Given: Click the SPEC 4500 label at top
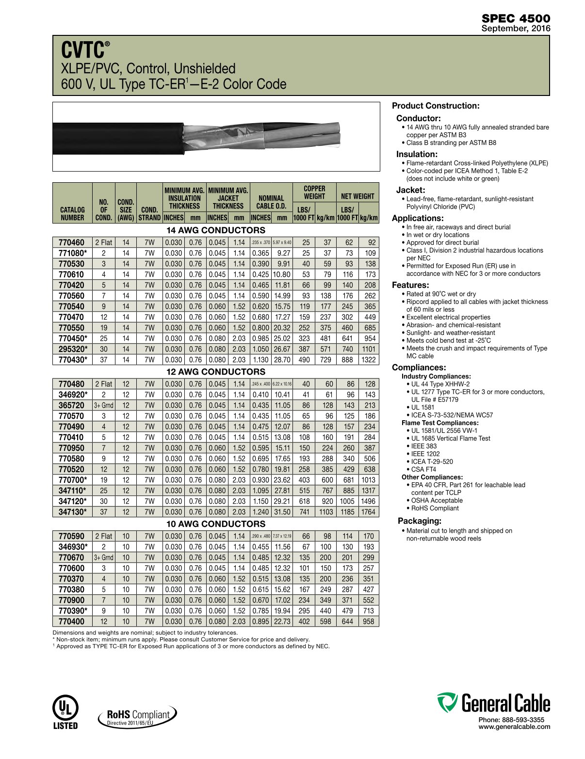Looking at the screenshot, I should (x=516, y=18).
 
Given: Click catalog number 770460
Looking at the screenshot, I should (x=71, y=242).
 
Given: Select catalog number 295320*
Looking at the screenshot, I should (x=73, y=349).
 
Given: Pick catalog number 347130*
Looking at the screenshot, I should (x=73, y=512).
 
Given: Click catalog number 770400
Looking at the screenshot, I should (x=71, y=621).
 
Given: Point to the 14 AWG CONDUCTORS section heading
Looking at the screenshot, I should (x=215, y=230).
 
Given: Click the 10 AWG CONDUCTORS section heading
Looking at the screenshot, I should (x=215, y=524).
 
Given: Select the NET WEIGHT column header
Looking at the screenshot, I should (x=357, y=196).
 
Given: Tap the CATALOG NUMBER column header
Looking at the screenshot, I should (x=72, y=214).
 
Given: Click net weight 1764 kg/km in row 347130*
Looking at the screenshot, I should (x=368, y=512).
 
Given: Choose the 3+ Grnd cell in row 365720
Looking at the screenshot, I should (x=103, y=405).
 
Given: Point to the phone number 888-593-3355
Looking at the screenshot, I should (x=511, y=720).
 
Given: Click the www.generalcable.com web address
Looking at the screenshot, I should (x=514, y=727).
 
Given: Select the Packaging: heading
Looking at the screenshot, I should (x=419, y=521).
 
